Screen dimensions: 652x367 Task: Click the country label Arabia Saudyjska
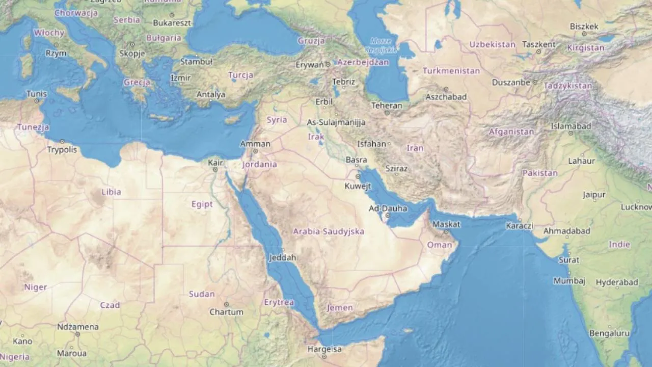click(329, 231)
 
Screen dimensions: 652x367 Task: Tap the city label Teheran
click(387, 106)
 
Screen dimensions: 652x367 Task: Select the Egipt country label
click(202, 204)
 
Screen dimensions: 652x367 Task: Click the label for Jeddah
click(283, 257)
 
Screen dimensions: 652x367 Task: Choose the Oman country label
click(439, 245)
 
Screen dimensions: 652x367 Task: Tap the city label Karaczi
click(520, 225)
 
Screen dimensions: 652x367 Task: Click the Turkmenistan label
click(451, 71)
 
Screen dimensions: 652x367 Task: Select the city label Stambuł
click(196, 62)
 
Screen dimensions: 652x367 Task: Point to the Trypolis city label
click(62, 149)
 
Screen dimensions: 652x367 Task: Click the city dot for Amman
click(255, 151)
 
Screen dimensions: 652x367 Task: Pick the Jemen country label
click(340, 307)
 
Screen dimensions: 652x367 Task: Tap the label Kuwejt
click(358, 186)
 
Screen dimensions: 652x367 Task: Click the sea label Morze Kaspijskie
click(381, 45)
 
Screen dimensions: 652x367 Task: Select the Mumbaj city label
click(569, 281)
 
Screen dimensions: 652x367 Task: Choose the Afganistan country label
click(511, 132)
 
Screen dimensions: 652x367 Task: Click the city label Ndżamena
click(78, 327)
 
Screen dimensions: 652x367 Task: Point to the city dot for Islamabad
click(571, 134)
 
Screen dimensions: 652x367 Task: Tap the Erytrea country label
click(279, 302)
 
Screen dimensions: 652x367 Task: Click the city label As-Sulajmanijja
click(336, 122)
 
